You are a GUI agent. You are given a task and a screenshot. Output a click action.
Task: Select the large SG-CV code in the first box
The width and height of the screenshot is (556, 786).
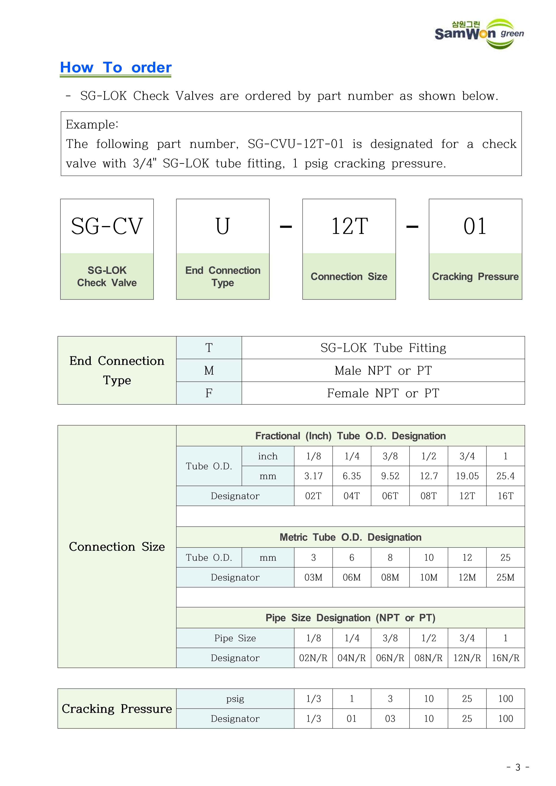[107, 226]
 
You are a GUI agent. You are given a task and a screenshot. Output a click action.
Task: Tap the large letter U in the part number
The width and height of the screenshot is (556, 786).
[223, 226]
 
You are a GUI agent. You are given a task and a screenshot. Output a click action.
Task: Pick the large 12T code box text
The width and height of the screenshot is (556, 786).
[349, 226]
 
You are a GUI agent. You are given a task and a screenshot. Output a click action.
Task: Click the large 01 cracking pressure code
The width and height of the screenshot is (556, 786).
[475, 226]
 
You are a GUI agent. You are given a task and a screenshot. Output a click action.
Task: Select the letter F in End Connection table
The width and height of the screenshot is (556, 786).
[209, 393]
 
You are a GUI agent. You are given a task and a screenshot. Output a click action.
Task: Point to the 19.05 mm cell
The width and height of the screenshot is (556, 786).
[467, 476]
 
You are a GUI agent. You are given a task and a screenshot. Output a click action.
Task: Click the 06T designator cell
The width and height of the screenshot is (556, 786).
[390, 496]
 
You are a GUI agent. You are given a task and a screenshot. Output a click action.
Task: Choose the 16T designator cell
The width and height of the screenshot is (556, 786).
[505, 496]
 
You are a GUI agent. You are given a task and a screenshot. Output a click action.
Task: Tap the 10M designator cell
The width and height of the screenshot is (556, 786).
[429, 577]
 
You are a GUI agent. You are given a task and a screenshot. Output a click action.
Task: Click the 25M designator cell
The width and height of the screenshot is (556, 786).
[505, 577]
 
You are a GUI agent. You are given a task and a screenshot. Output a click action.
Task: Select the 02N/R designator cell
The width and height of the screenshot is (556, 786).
[313, 658]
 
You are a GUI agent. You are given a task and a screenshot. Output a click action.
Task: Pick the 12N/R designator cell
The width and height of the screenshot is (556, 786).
[467, 658]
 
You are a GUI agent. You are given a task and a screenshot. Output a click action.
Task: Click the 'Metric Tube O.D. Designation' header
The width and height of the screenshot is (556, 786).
[350, 537]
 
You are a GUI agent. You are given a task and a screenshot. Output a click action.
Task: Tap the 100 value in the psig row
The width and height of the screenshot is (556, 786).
[505, 699]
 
